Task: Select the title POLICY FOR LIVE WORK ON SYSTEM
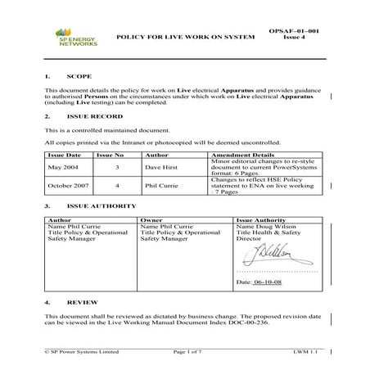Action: [x=184, y=37]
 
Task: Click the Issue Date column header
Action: [x=65, y=153]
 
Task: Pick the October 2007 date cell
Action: [x=67, y=185]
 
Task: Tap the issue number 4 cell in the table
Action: [x=117, y=185]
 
